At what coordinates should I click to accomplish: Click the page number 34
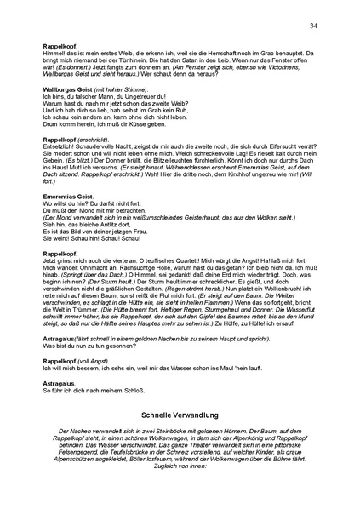[314, 26]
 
